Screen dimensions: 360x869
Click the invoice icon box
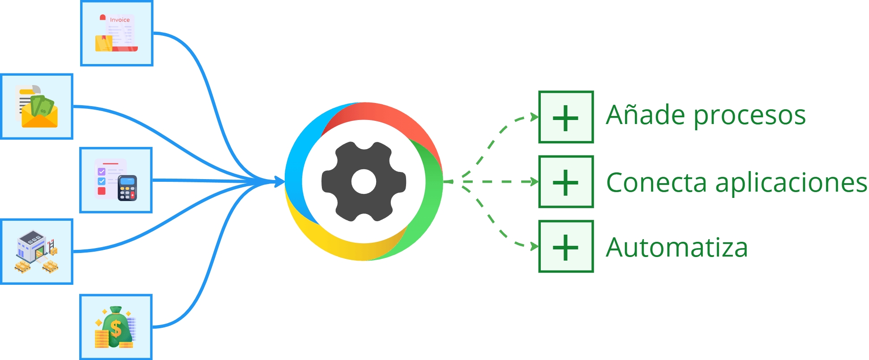(117, 34)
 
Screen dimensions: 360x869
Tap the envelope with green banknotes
(37, 107)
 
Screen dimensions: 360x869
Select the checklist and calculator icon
(116, 180)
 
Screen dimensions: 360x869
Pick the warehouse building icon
(37, 251)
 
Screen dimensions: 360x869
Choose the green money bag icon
(116, 327)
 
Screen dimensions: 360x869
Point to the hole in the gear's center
(364, 181)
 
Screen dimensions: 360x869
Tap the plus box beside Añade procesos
(566, 117)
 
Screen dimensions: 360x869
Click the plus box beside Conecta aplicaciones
(566, 182)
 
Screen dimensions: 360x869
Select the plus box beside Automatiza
(566, 246)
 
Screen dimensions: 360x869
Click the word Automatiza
(676, 248)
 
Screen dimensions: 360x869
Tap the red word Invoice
(120, 20)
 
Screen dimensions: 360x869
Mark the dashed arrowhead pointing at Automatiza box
(534, 246)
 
